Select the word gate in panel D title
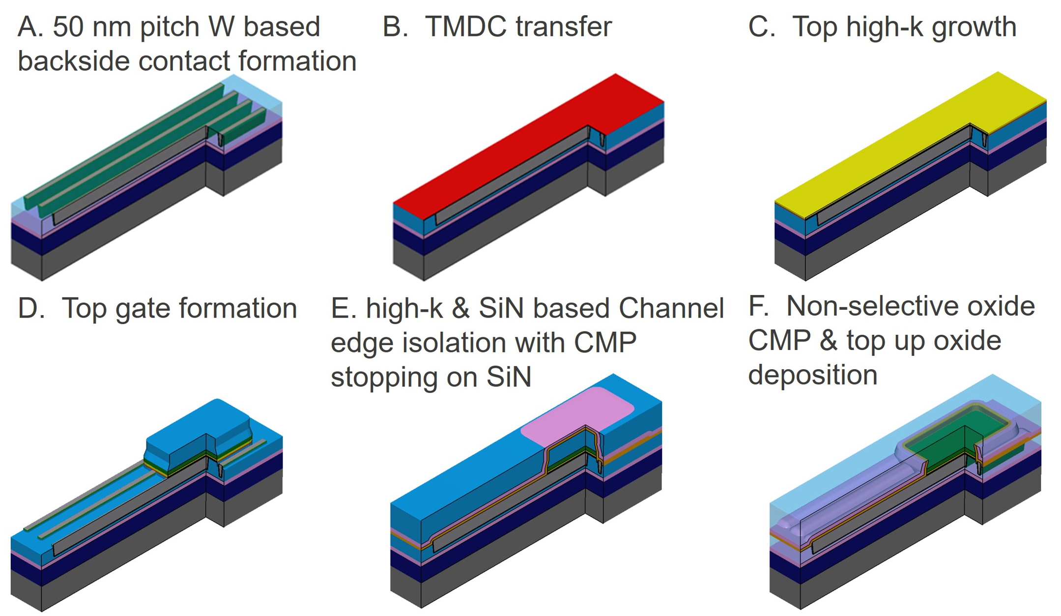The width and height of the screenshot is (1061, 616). click(143, 309)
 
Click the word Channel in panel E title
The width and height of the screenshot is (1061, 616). click(671, 309)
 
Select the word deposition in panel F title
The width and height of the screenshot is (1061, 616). click(813, 376)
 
